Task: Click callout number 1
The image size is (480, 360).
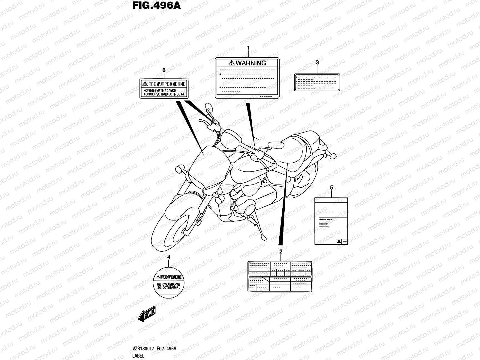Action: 248,48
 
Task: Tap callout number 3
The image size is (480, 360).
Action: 317,62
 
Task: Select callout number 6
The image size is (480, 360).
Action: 164,70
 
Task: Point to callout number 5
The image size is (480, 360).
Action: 331,187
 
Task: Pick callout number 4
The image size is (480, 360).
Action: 169,257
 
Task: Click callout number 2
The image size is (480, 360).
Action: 281,251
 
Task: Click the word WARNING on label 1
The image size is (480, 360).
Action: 251,63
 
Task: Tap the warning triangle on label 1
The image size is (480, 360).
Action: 232,63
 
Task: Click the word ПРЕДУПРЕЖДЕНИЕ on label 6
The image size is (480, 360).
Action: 167,84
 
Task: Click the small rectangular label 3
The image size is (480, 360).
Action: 317,82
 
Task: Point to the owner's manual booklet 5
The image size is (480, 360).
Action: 331,221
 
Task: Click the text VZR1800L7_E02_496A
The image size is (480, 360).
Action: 154,348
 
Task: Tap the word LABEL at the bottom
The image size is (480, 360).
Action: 138,356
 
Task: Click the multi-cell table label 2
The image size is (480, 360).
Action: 280,276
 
